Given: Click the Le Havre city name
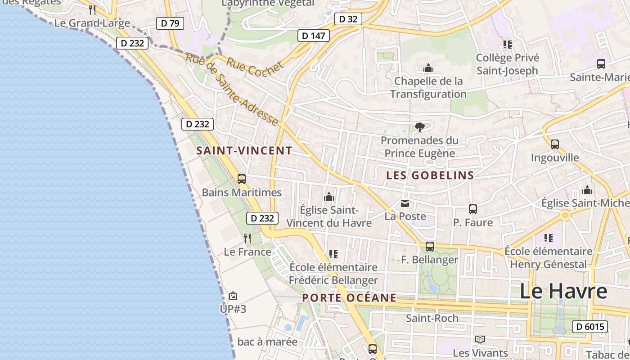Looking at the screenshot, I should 563,291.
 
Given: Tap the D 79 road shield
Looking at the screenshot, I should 170,23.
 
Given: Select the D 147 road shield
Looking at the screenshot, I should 314,36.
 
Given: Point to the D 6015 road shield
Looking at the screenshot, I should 590,327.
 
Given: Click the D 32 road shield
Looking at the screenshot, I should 348,19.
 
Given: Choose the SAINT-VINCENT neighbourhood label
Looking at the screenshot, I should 244,151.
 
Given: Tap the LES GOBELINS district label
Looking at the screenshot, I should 430,175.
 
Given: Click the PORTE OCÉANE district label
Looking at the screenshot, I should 349,298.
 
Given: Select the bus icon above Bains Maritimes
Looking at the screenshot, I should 242,179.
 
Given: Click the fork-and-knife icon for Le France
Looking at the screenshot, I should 247,238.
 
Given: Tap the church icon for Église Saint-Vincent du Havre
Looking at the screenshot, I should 329,197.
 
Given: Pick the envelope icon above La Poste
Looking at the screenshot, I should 405,203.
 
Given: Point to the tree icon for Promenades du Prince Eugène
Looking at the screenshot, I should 420,127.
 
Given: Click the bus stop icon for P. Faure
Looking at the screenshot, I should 472,209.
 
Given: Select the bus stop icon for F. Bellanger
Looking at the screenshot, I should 430,247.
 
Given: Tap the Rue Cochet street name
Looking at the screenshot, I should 255,68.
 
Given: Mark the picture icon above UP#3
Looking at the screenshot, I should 233,296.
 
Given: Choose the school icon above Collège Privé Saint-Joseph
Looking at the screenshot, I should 508,45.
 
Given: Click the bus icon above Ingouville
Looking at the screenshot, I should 555,144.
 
